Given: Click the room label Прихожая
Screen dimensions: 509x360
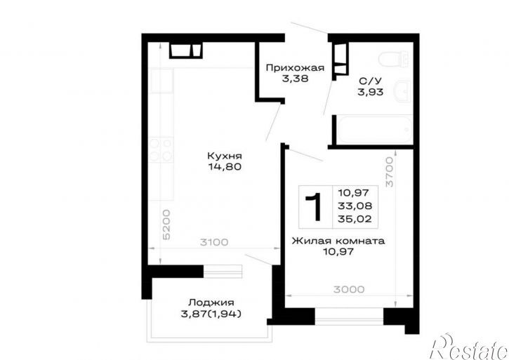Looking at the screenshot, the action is click(295, 68).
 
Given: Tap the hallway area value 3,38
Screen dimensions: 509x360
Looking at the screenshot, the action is click(295, 79).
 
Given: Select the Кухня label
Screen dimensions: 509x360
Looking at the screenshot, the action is click(225, 156).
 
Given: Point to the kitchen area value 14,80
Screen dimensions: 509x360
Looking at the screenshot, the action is click(225, 167).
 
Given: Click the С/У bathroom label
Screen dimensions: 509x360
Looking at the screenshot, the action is click(371, 81).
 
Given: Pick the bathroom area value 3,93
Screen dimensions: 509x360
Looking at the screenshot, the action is click(371, 92).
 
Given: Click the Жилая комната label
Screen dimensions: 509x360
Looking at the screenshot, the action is click(338, 241).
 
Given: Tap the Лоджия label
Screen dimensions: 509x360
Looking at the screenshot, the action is click(211, 302).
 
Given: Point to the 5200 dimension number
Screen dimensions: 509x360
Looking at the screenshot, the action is click(166, 225).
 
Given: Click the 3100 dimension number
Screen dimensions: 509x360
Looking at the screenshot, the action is click(214, 242).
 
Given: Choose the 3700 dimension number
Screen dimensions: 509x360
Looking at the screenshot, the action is click(390, 172).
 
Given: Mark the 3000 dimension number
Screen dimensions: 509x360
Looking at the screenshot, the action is click(349, 289).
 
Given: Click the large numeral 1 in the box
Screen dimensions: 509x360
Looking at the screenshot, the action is click(315, 207).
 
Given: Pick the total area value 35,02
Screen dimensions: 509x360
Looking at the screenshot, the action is click(355, 219).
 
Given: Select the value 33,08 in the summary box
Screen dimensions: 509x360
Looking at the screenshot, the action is click(355, 206).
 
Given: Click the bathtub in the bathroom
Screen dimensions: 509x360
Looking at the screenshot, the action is click(375, 129).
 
